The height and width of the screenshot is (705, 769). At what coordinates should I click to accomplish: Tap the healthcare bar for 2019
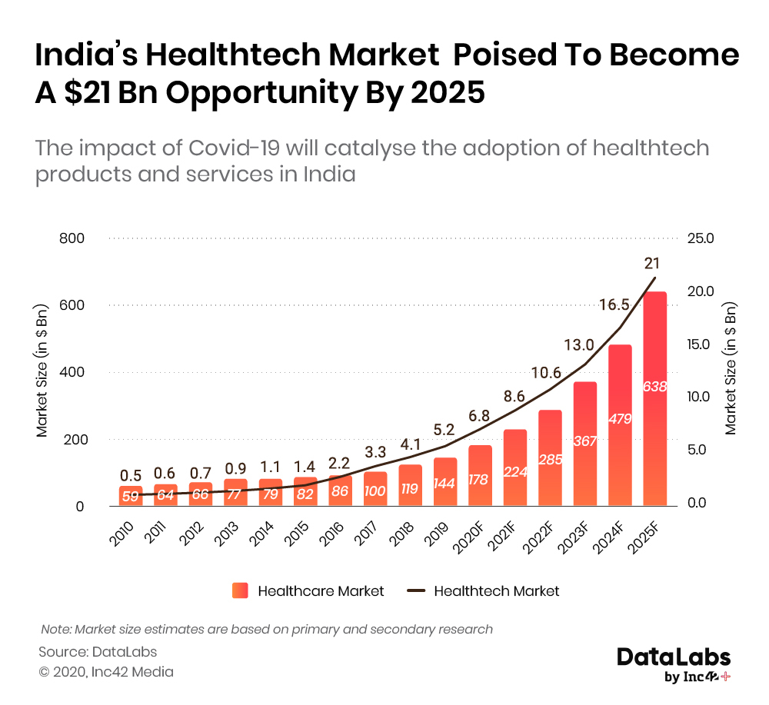(444, 481)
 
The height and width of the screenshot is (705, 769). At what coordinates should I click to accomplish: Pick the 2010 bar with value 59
(130, 496)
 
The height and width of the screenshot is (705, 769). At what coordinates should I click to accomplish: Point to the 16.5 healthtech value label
(614, 305)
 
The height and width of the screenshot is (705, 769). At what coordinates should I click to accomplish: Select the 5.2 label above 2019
(444, 429)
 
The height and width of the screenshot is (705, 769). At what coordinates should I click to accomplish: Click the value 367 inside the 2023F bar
(584, 441)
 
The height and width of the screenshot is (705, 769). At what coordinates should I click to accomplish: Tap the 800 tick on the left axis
(72, 238)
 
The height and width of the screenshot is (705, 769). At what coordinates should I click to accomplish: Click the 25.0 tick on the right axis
(701, 238)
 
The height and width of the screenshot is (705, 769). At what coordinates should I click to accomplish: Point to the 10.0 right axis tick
(701, 397)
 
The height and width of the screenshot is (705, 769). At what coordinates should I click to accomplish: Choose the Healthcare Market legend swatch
(240, 590)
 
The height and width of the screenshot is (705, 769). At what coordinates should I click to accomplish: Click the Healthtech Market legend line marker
(416, 590)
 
